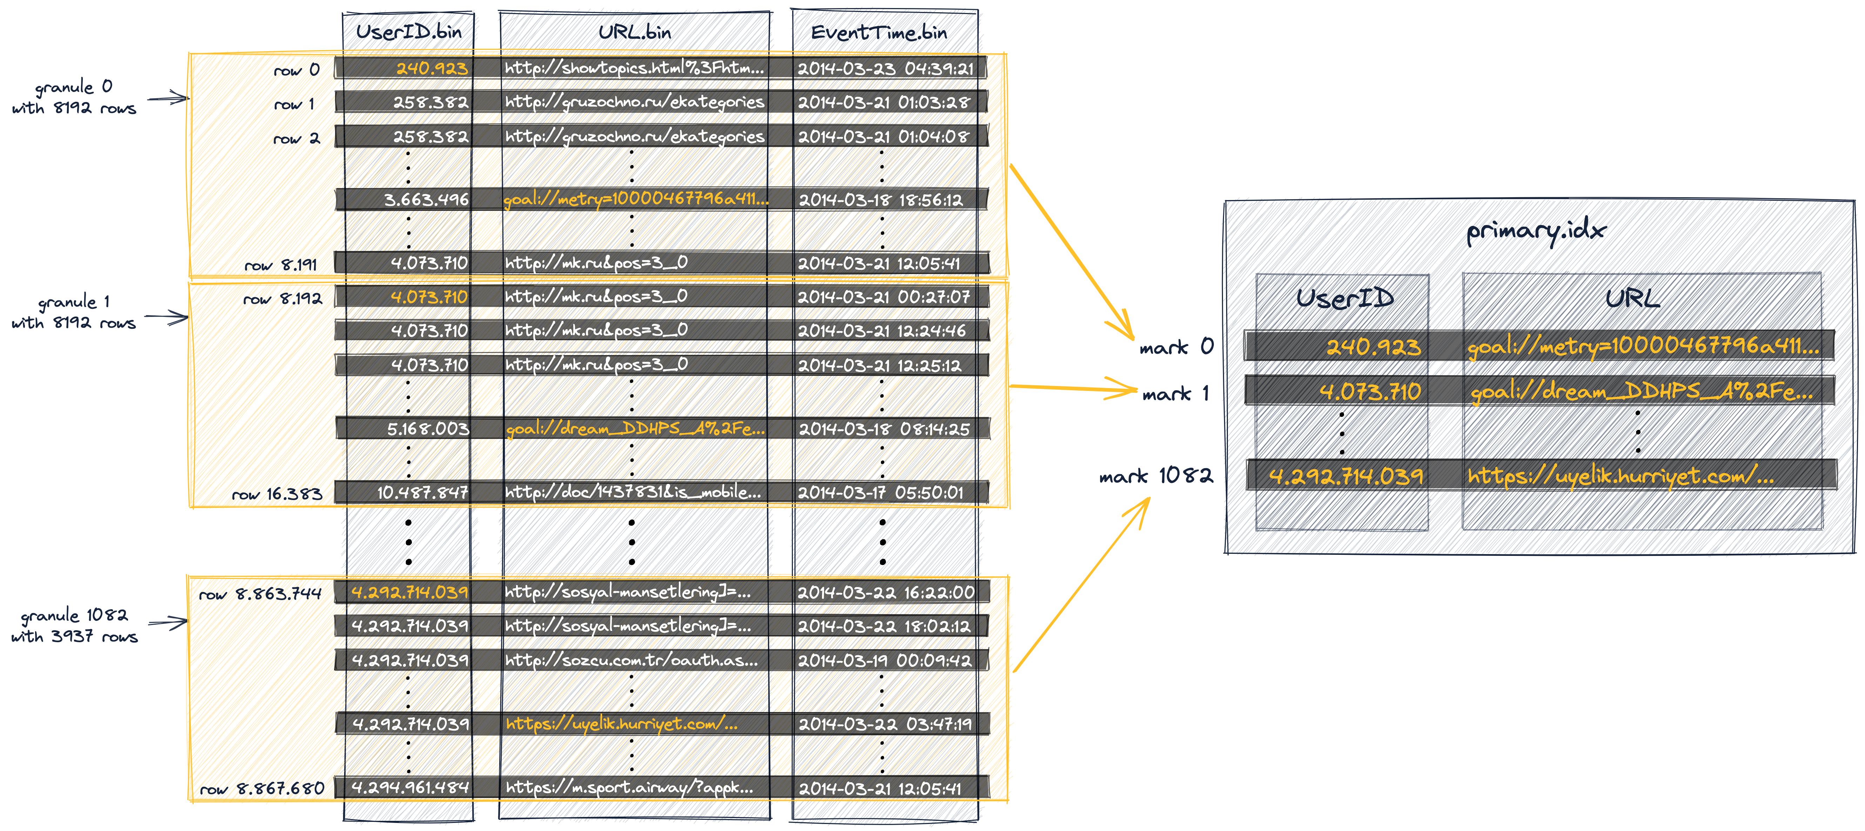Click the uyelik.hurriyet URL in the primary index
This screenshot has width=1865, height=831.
point(1620,476)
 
